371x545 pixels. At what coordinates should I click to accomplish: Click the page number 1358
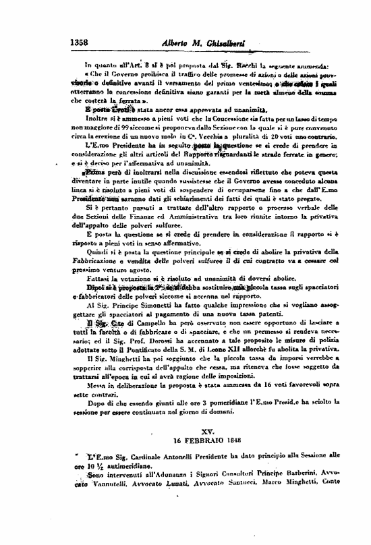click(x=80, y=42)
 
